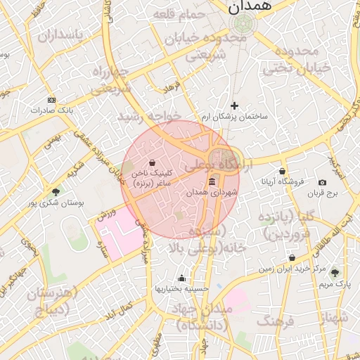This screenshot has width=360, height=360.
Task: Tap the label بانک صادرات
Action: pyautogui.click(x=52, y=110)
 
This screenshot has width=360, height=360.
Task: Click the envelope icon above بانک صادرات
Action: pyautogui.click(x=51, y=100)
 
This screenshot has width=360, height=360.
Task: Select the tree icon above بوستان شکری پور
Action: pyautogui.click(x=56, y=191)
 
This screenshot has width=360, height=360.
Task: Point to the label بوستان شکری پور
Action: pyautogui.click(x=56, y=202)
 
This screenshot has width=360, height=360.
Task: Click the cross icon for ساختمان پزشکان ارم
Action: pyautogui.click(x=234, y=106)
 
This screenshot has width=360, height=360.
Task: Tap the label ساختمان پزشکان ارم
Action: pyautogui.click(x=235, y=116)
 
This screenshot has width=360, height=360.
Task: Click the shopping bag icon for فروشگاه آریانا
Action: pyautogui.click(x=282, y=171)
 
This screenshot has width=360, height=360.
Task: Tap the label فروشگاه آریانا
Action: pyautogui.click(x=282, y=181)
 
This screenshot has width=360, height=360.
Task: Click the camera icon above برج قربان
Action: pyautogui.click(x=322, y=182)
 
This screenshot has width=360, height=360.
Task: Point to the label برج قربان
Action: pyautogui.click(x=322, y=192)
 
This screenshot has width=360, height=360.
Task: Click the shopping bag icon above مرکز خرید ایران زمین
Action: pyautogui.click(x=292, y=258)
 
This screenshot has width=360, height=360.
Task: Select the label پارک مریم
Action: pyautogui.click(x=334, y=284)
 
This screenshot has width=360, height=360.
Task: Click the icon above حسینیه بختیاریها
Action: pyautogui.click(x=182, y=278)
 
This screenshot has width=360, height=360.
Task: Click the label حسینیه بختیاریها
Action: pyautogui.click(x=182, y=288)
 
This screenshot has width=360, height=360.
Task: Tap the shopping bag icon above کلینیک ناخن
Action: pyautogui.click(x=153, y=162)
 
